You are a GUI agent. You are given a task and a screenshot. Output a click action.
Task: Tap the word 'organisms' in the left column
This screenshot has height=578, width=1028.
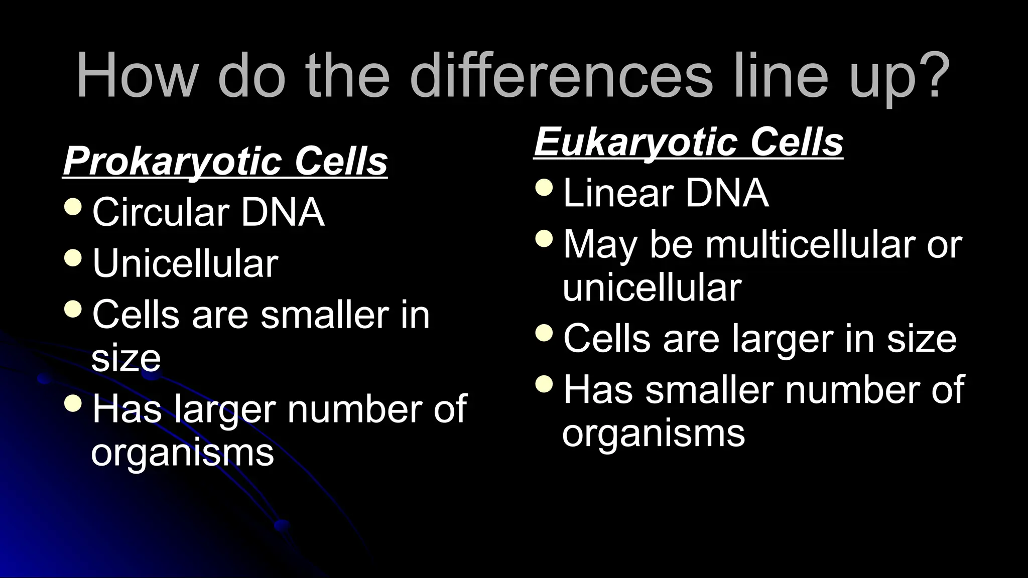[x=182, y=453]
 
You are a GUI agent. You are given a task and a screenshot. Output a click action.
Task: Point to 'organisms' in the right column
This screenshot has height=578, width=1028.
[x=654, y=434]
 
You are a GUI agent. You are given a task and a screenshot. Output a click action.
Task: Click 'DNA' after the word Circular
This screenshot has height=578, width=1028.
[x=283, y=213]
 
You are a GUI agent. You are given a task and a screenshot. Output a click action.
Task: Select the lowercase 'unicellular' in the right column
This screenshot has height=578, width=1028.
[x=652, y=288]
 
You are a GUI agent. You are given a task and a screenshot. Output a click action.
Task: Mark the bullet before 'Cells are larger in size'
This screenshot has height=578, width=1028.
[x=544, y=332]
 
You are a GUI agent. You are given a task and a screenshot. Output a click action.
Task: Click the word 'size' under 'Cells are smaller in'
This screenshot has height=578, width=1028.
[x=126, y=358]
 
